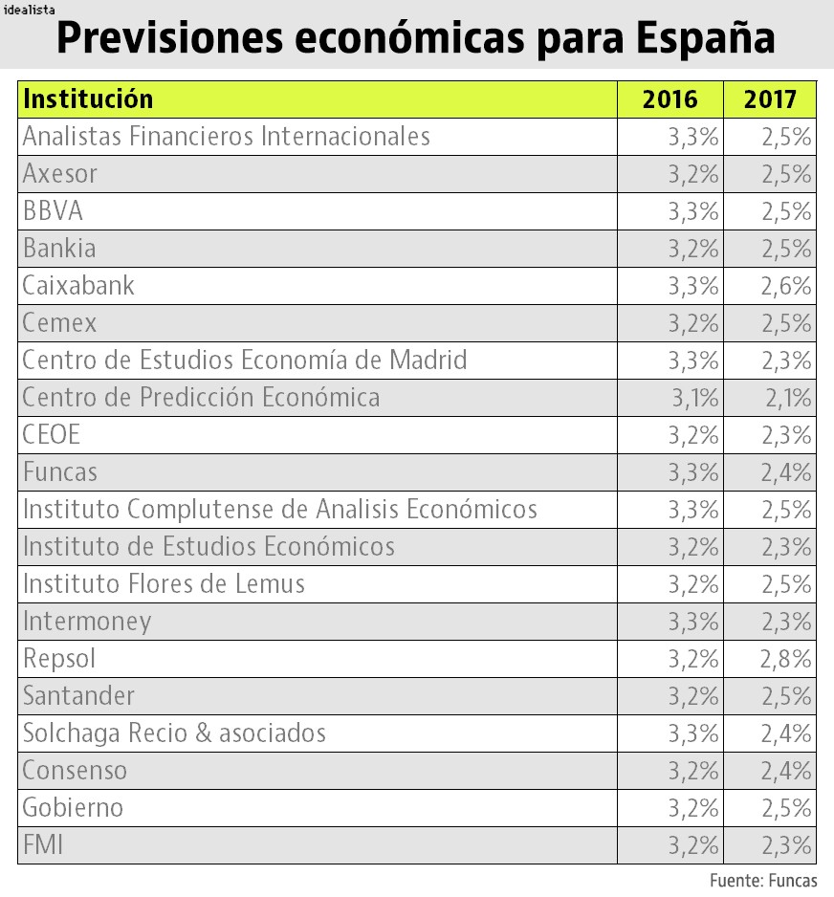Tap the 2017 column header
(x=770, y=99)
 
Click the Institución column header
(x=88, y=99)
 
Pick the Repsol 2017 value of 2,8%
(x=786, y=659)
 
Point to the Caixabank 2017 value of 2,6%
(x=786, y=286)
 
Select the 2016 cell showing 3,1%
(x=695, y=398)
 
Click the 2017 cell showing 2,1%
(x=788, y=398)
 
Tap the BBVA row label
(x=53, y=211)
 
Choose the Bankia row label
(x=59, y=249)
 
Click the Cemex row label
(x=59, y=323)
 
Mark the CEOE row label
(x=52, y=435)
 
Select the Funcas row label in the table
(x=60, y=472)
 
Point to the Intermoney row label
(x=87, y=622)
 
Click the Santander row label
(x=78, y=696)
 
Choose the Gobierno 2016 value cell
(x=692, y=808)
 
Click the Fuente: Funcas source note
(x=763, y=880)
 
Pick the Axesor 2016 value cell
(x=692, y=174)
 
